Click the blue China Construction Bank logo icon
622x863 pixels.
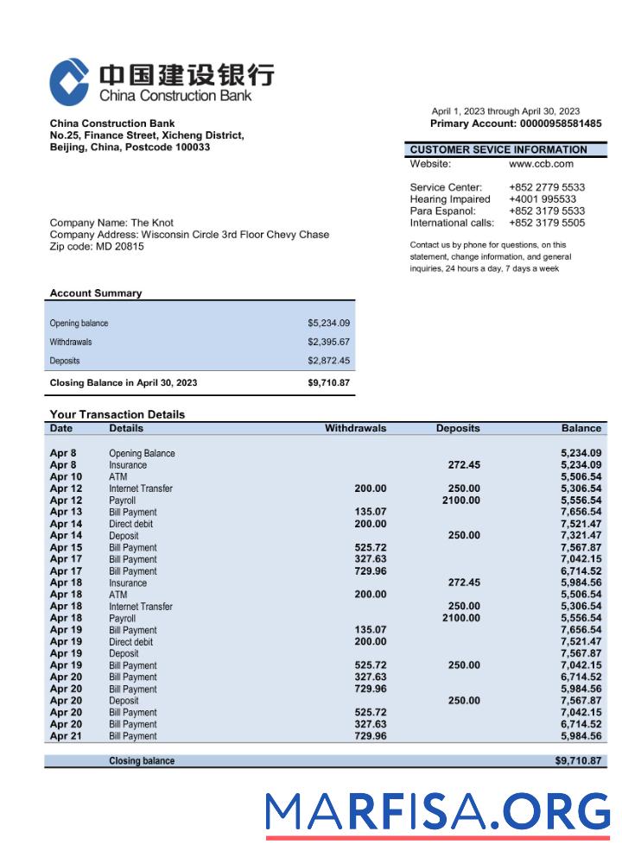(69, 81)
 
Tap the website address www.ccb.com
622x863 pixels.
(541, 163)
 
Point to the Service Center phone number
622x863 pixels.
(546, 187)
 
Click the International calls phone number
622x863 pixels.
(546, 223)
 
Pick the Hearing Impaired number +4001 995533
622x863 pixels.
(543, 199)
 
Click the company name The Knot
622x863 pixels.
(152, 223)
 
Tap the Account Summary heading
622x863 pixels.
(96, 293)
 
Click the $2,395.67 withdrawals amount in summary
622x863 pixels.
(328, 342)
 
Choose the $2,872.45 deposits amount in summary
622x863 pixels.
(328, 361)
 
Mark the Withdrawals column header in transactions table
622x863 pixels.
(355, 428)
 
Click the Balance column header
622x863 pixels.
(581, 428)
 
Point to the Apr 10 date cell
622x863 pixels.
(66, 476)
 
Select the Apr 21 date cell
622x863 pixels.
(66, 736)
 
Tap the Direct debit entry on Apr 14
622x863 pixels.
(131, 524)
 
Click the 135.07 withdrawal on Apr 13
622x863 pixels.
(370, 512)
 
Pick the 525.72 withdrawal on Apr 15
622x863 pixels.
(370, 547)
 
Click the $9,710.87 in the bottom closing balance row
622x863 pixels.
(578, 761)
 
